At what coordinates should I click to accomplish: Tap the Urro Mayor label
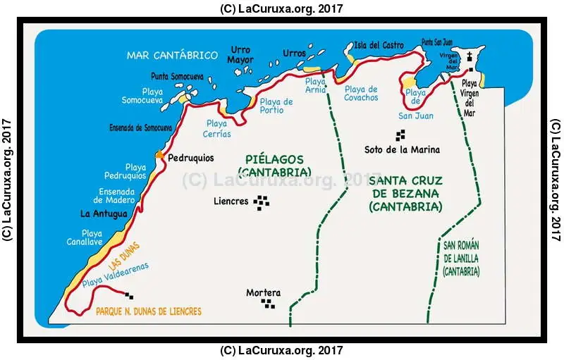[x=240, y=55]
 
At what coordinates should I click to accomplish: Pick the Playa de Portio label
[x=276, y=106]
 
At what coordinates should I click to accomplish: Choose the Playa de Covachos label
[x=361, y=93]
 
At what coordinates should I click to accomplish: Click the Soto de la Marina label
[x=402, y=149]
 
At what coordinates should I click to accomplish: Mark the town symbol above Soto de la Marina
[x=401, y=135]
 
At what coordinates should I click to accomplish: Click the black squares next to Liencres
[x=262, y=202]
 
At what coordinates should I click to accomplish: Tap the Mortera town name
[x=263, y=293]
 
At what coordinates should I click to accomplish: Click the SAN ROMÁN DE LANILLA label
[x=462, y=258]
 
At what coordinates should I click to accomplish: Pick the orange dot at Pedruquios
[x=160, y=155]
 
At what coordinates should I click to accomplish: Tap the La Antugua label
[x=104, y=213]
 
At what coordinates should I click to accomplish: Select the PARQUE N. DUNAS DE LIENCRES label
[x=148, y=311]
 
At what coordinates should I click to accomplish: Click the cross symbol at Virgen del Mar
[x=469, y=57]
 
